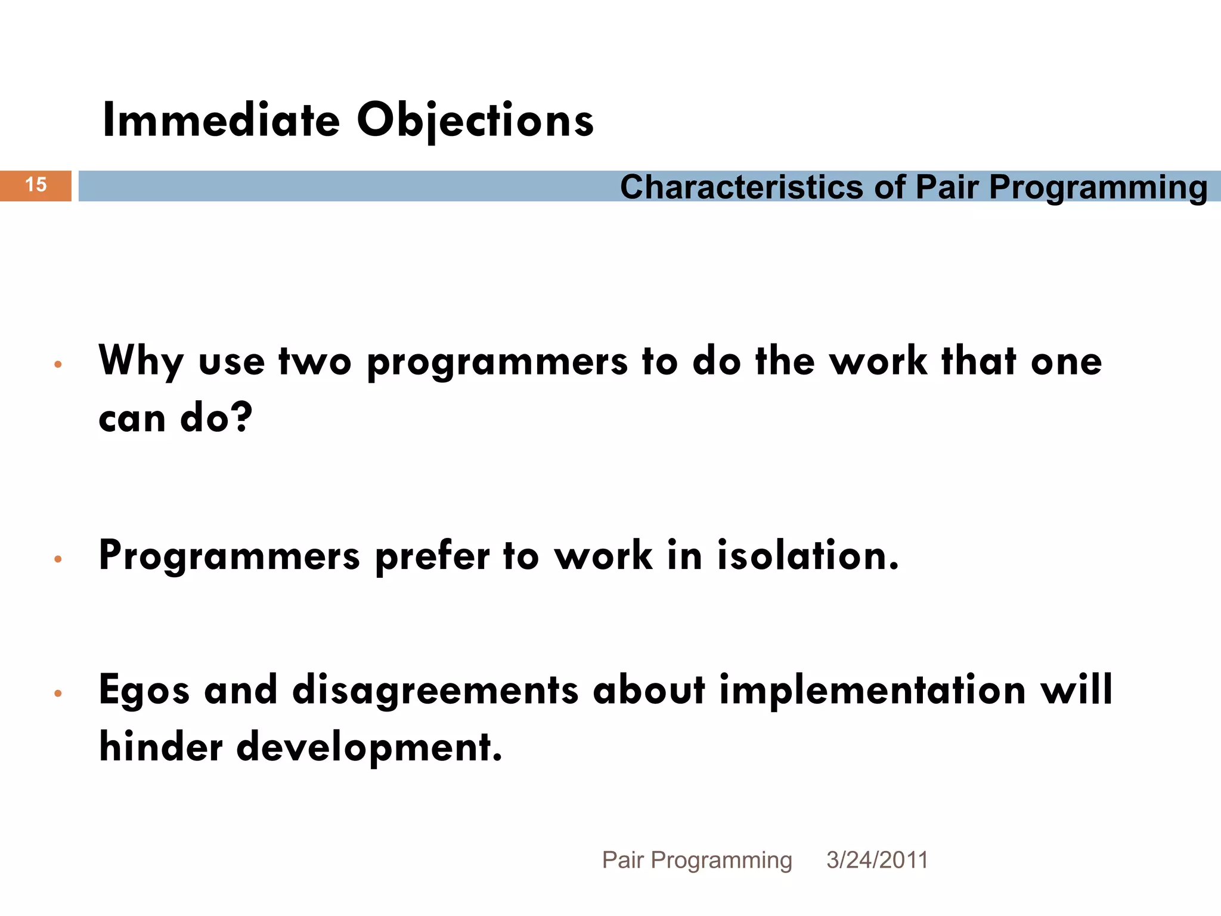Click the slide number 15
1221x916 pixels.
36,185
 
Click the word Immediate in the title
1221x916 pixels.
221,120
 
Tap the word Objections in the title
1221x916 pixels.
475,120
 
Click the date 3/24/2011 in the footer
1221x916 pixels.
877,860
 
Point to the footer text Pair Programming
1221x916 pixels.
697,860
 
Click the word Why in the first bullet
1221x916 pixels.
141,361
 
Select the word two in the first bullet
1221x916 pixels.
315,361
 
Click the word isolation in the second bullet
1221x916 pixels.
808,556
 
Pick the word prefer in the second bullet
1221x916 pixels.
432,556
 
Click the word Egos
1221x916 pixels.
144,690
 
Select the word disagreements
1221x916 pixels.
435,690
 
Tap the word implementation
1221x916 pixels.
873,690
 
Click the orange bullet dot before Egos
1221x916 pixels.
58,693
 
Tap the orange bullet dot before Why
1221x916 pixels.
58,364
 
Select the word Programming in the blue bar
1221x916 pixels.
1098,187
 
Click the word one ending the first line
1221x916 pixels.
1066,361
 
